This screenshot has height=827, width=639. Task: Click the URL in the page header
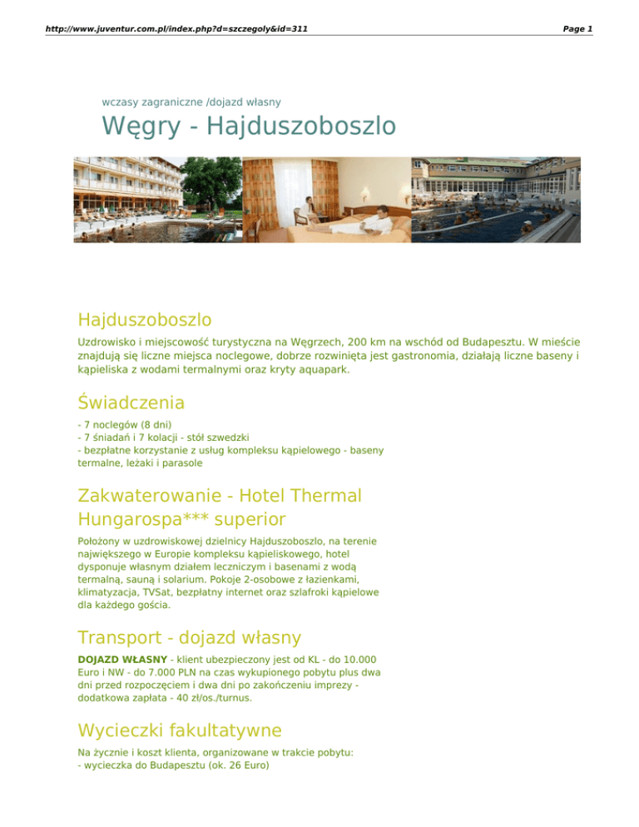(167, 28)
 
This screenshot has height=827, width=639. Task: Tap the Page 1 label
(577, 28)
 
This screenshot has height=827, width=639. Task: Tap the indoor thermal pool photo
(496, 200)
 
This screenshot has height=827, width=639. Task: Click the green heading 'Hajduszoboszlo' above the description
(144, 319)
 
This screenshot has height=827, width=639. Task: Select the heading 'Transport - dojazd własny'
(189, 637)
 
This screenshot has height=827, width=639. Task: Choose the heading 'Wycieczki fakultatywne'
(179, 730)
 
